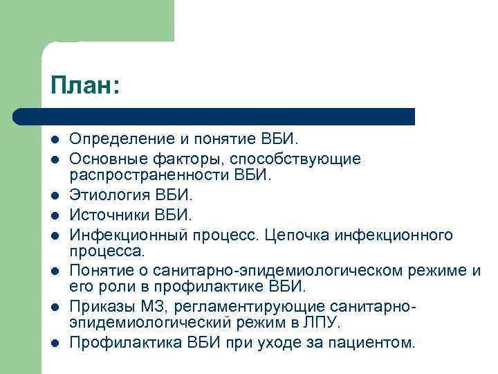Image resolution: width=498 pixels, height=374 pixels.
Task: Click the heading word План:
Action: click(85, 87)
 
